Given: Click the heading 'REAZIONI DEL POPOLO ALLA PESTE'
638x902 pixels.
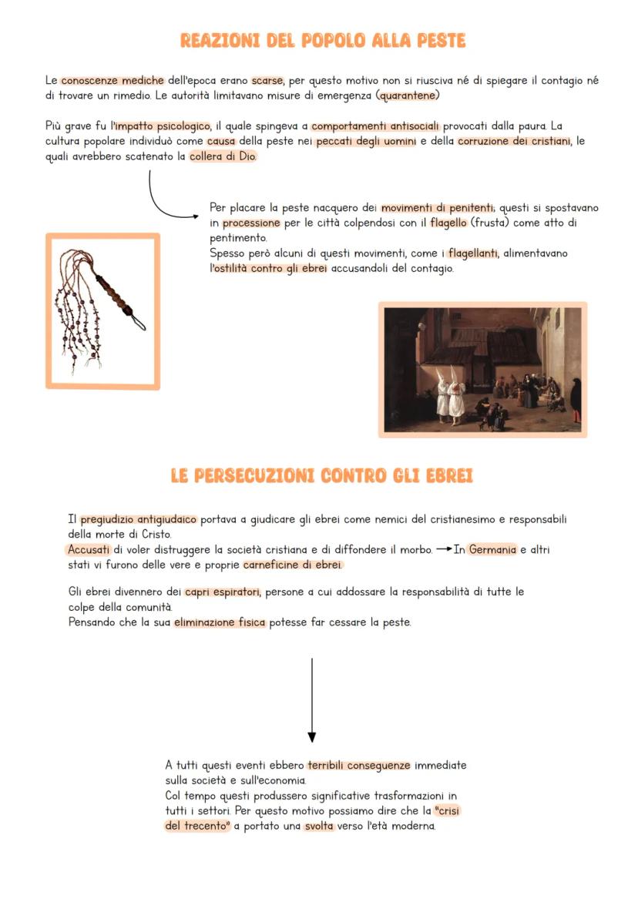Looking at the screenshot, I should (322, 40).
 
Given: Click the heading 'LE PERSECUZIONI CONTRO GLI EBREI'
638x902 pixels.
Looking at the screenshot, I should (321, 477).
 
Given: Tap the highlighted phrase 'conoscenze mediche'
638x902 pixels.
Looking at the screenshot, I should (112, 80).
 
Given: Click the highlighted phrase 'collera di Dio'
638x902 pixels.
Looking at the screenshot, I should (223, 156).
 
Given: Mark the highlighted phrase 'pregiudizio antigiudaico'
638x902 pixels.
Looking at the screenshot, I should (139, 519).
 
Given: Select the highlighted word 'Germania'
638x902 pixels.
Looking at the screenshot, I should (492, 549).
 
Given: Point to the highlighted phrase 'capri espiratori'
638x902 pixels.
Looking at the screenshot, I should (222, 592).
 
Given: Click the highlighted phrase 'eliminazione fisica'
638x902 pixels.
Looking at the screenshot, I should (220, 622).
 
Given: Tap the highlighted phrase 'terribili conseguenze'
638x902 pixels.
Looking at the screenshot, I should (358, 766).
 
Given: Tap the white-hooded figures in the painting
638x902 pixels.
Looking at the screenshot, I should (452, 393).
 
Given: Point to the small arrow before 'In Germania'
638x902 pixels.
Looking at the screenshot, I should (442, 549).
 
